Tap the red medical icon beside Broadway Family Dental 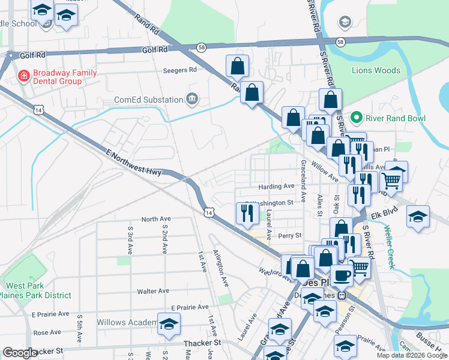[x=23, y=76]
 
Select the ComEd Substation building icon [x=192, y=99]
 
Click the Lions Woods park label [x=376, y=70]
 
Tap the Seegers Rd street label [x=180, y=70]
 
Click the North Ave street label [x=156, y=219]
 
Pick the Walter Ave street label [x=153, y=291]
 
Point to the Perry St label [x=290, y=236]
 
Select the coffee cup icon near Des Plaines [x=342, y=275]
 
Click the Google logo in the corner [x=20, y=353]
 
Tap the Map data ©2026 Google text [x=411, y=355]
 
